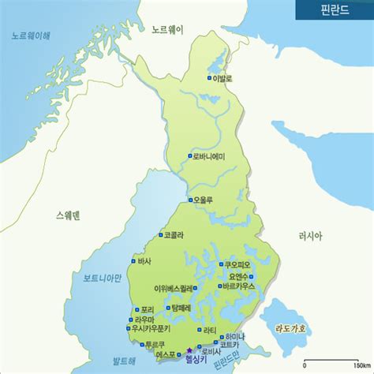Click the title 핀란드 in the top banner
pos(334,11)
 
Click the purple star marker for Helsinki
pos(189,352)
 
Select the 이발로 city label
pos(223,78)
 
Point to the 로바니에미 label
pos(208,156)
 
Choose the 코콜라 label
pos(174,234)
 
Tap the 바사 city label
pos(144,260)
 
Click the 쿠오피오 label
pos(237,264)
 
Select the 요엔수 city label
pos(240,276)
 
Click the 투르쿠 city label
pos(154,345)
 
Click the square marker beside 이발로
pos(210,78)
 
